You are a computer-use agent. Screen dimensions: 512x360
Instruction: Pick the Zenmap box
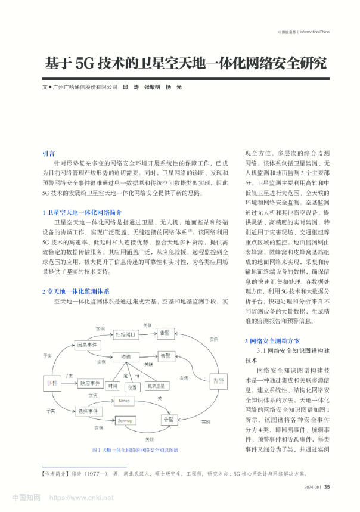point(125,420)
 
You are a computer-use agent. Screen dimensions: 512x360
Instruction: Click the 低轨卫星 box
point(157,386)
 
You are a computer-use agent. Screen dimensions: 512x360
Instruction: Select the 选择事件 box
point(88,412)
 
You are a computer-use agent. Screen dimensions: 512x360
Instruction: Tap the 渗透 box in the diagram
point(126,356)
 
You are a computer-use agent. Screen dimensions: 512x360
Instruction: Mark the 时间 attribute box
point(111,386)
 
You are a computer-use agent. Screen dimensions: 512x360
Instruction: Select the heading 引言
point(49,153)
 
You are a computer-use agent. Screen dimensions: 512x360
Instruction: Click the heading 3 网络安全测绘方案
point(272,340)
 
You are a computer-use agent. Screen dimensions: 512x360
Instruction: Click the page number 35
point(327,486)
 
